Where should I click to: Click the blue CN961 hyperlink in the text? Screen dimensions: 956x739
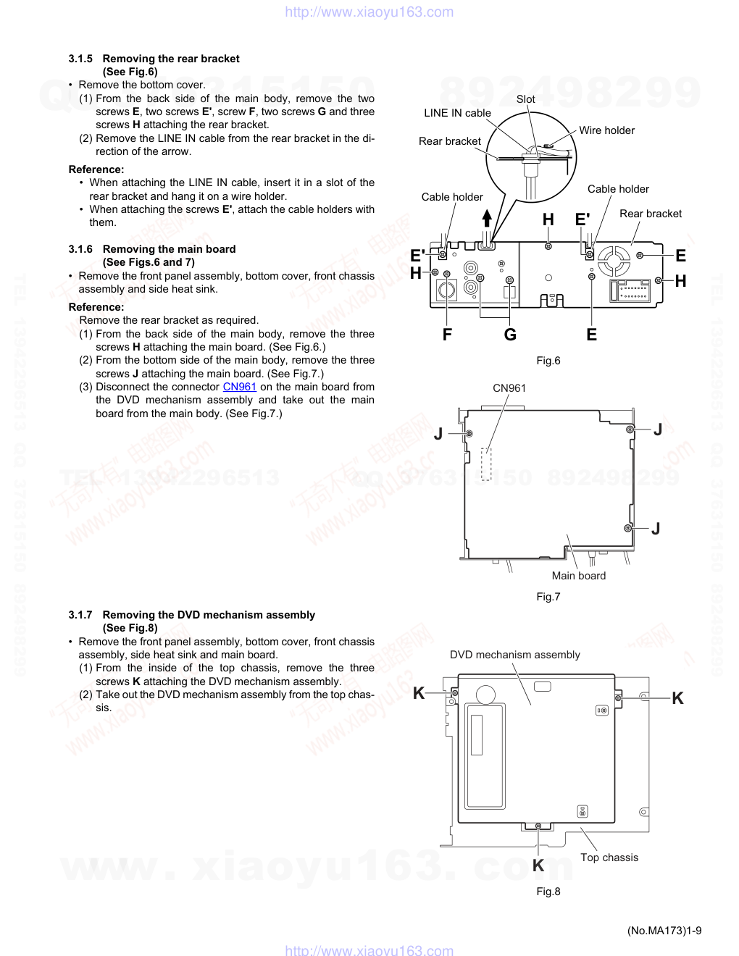pyautogui.click(x=239, y=387)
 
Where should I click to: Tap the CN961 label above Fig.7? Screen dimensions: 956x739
pyautogui.click(x=509, y=388)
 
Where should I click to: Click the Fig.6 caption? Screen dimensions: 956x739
pyautogui.click(x=548, y=361)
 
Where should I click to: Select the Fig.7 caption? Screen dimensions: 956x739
pyautogui.click(x=548, y=597)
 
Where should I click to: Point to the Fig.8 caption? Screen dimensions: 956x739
pyautogui.click(x=548, y=892)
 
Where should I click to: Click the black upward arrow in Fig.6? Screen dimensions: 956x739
pyautogui.click(x=487, y=218)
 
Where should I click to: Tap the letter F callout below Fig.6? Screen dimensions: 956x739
pyautogui.click(x=447, y=335)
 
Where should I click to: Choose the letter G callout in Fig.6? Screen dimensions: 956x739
pyautogui.click(x=510, y=335)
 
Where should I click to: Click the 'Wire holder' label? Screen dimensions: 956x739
pyautogui.click(x=606, y=130)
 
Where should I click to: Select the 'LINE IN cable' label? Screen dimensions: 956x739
pyautogui.click(x=457, y=113)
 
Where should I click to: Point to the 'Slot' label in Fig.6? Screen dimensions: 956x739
pyautogui.click(x=525, y=99)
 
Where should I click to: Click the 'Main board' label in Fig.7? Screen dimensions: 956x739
pyautogui.click(x=578, y=576)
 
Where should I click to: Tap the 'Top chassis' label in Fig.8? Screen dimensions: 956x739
pyautogui.click(x=609, y=858)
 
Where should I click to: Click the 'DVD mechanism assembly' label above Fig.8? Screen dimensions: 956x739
pyautogui.click(x=514, y=655)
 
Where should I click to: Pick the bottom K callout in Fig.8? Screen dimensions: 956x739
pyautogui.click(x=538, y=865)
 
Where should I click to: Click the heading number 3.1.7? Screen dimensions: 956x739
pyautogui.click(x=80, y=615)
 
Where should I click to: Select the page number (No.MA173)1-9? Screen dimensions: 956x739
pyautogui.click(x=664, y=931)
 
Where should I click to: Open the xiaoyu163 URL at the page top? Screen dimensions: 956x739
pyautogui.click(x=369, y=12)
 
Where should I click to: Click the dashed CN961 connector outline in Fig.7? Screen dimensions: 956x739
pyautogui.click(x=486, y=464)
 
